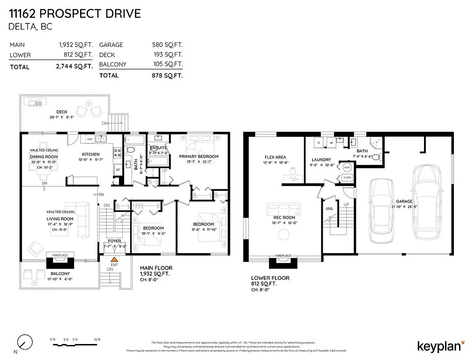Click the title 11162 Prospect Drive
point(75,13)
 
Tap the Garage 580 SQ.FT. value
point(167,45)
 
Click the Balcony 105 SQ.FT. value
point(167,64)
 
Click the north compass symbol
point(24,342)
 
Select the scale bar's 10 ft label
point(97,339)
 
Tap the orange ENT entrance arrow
point(113,258)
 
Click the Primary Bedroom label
point(199,156)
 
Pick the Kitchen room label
point(91,154)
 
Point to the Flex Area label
point(275,157)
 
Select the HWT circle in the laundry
point(347,167)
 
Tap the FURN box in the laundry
point(347,178)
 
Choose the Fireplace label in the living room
point(59,255)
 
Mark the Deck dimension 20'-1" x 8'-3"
point(62,117)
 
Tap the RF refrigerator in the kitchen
point(118,170)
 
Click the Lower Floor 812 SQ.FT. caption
point(270,281)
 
